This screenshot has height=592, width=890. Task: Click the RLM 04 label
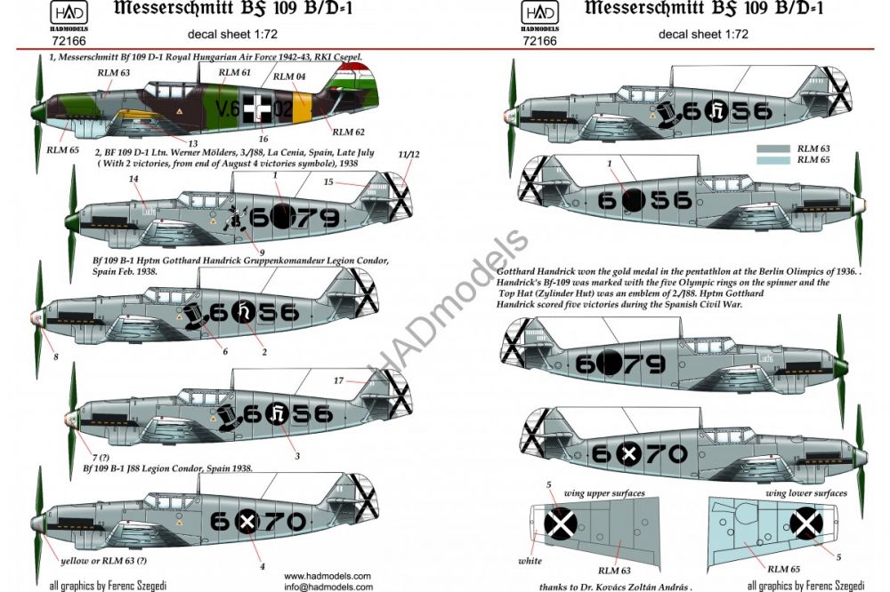pyautogui.click(x=288, y=77)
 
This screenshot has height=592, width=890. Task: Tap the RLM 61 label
pyautogui.click(x=233, y=72)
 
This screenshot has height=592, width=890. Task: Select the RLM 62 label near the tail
pyautogui.click(x=351, y=132)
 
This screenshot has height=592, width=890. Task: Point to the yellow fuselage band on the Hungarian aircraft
pyautogui.click(x=301, y=108)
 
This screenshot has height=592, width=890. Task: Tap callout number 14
pyautogui.click(x=134, y=179)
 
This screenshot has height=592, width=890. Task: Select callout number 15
pyautogui.click(x=328, y=183)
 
